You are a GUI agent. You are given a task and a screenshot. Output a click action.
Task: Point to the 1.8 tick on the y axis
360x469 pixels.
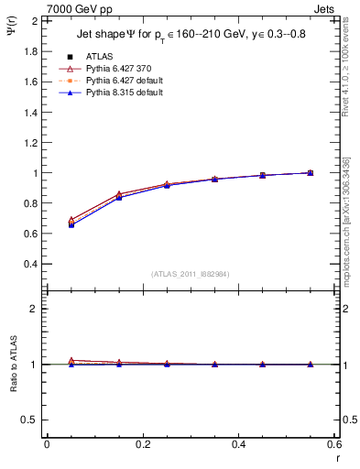(x=30, y=51)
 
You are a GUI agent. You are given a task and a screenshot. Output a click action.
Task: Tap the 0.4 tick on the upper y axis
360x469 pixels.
(x=30, y=264)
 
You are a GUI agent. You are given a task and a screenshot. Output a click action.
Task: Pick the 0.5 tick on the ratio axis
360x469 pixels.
(x=30, y=420)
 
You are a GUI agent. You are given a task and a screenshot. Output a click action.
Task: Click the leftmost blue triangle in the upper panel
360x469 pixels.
(x=71, y=224)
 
